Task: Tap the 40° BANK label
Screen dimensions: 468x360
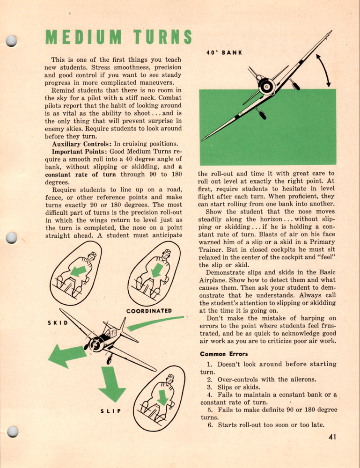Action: (224, 53)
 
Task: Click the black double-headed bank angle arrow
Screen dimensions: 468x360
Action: (324, 70)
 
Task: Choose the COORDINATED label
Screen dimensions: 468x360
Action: (149, 311)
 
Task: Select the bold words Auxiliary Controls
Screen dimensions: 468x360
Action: (81, 144)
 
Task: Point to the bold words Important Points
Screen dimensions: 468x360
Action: (81, 152)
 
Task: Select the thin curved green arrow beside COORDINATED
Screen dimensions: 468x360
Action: (154, 323)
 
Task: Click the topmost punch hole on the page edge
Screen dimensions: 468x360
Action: (11, 42)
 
